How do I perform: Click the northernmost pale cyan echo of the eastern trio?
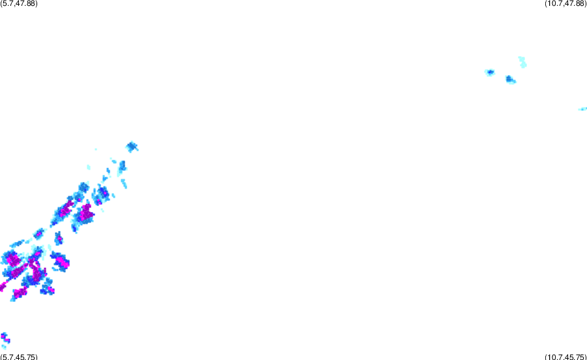point(522,62)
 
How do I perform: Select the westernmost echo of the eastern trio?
point(490,72)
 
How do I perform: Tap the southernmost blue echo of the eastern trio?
point(511,80)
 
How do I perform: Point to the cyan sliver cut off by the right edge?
point(583,109)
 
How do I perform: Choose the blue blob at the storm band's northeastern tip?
point(131,147)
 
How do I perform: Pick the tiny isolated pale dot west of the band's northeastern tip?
point(96,149)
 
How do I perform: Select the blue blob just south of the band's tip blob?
point(122,167)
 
